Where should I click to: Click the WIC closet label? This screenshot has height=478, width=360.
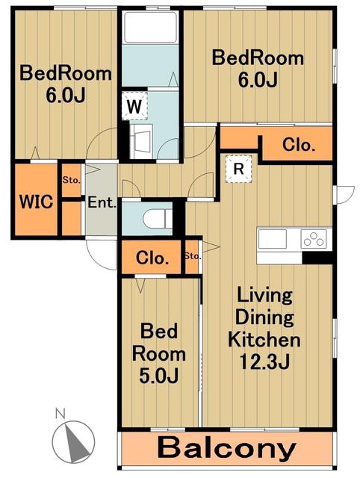(x=36, y=202)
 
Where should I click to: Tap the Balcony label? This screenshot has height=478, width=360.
(x=227, y=448)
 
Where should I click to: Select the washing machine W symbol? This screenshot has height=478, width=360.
(x=134, y=106)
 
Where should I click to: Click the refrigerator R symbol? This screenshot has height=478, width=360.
(x=239, y=169)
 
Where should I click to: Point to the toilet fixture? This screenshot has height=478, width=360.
(x=158, y=218)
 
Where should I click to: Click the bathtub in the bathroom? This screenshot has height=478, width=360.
(x=150, y=27)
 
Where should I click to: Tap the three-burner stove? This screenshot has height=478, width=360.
(x=314, y=238)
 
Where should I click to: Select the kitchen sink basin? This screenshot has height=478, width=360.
(x=272, y=239)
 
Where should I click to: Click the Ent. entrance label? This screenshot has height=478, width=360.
(x=102, y=202)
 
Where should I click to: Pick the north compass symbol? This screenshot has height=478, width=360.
(x=73, y=441)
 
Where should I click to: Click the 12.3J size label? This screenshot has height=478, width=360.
(x=264, y=361)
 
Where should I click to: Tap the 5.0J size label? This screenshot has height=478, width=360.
(x=158, y=375)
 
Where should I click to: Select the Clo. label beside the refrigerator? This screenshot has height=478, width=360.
(x=299, y=145)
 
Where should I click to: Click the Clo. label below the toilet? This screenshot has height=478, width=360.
(x=152, y=258)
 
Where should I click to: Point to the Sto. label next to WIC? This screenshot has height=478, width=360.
(x=72, y=180)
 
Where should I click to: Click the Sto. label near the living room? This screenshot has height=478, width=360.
(x=193, y=256)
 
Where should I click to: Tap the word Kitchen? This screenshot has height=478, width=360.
(x=264, y=340)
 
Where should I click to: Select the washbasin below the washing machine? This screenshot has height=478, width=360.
(x=141, y=141)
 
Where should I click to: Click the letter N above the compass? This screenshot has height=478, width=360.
(x=60, y=414)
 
